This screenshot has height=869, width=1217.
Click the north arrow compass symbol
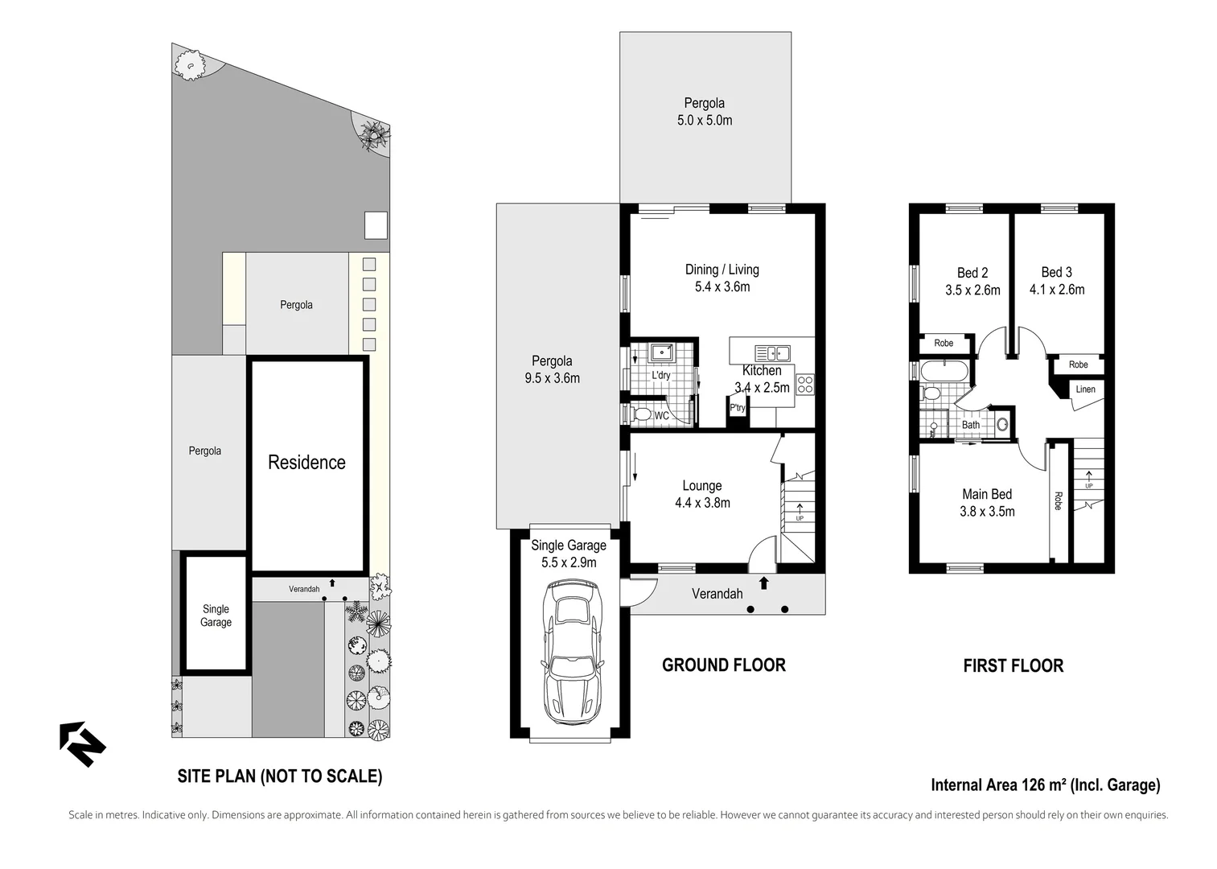(x=83, y=743)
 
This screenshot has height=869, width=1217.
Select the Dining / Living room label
(x=722, y=270)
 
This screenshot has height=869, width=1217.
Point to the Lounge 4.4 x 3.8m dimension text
(x=702, y=503)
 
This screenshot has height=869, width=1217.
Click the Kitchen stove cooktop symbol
(x=805, y=385)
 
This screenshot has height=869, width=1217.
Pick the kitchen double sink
(x=772, y=353)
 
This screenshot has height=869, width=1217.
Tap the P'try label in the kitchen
(x=738, y=408)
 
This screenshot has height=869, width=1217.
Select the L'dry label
(x=661, y=375)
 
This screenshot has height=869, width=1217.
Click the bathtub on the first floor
(x=944, y=371)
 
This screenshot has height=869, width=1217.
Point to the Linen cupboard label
(x=1086, y=389)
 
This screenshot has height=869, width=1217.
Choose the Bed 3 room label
(x=1057, y=272)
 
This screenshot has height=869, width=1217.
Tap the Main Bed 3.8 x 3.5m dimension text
(x=987, y=512)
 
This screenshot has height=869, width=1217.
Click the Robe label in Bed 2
(x=944, y=343)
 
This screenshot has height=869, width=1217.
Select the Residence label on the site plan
(x=307, y=463)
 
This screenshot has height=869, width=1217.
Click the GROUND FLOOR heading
(x=724, y=665)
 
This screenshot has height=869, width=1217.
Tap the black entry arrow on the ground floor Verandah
(x=764, y=583)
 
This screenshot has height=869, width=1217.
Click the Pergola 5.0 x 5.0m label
(x=705, y=111)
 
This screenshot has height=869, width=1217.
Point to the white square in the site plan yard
(x=376, y=225)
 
